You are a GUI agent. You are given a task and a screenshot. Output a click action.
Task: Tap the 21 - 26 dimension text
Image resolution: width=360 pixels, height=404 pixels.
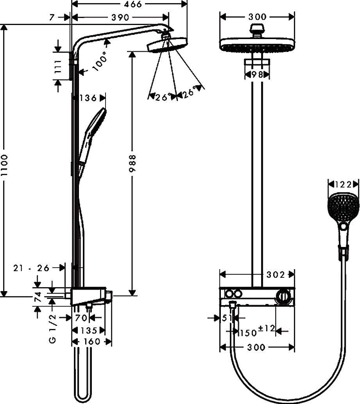point(31,268)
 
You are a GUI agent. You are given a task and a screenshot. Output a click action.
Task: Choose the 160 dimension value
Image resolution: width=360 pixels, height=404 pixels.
point(92,341)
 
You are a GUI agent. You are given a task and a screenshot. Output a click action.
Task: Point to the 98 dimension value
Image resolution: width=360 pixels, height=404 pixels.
point(257,74)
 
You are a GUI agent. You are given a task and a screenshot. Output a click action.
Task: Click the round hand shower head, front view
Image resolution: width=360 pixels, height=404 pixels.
point(343,207)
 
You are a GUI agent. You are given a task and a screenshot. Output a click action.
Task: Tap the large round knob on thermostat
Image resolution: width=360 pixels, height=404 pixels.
point(283,298)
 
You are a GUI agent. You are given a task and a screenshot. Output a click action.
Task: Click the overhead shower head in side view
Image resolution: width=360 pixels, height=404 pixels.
point(167,45)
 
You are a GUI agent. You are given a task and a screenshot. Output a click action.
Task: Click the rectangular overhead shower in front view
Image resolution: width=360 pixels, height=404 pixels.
point(257,44)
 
